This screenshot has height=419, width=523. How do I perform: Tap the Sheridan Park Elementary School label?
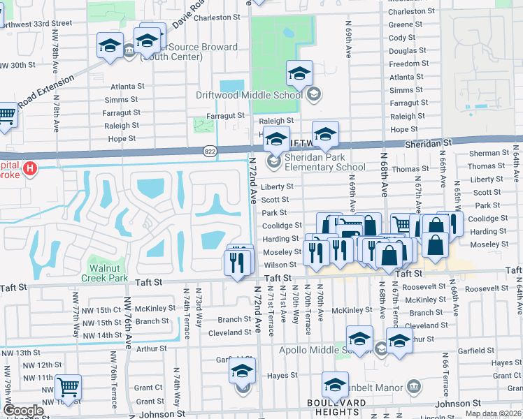(x=324, y=163)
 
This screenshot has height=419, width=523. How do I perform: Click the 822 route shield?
(x=210, y=151)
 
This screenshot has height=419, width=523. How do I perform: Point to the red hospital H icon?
(x=29, y=168)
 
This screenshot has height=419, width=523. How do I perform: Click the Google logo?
(x=23, y=411)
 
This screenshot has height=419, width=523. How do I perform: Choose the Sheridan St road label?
(x=429, y=142)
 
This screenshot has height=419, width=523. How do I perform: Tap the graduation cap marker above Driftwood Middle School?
(x=299, y=73)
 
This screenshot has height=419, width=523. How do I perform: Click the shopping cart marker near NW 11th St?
(x=68, y=386)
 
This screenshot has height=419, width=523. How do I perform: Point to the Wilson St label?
(x=280, y=265)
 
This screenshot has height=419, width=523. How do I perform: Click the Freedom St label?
(x=409, y=64)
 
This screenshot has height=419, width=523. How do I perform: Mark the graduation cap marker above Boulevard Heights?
(x=335, y=384)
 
